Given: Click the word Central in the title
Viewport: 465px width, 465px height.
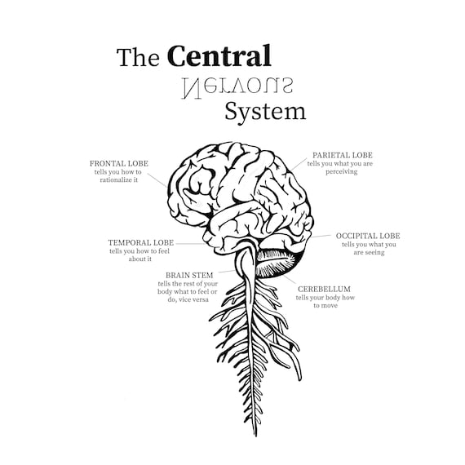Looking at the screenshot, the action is pos(219,55).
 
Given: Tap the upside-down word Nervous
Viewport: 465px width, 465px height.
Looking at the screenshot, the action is pos(237,88).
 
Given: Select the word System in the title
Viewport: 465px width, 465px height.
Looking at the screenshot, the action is pos(265,113).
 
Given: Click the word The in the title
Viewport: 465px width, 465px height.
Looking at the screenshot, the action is pos(138,57).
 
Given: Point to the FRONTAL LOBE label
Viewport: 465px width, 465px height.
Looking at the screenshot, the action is pos(119,164).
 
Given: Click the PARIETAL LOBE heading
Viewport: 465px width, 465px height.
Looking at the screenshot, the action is pos(343,155).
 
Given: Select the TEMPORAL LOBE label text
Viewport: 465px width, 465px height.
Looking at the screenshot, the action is pos(141,242).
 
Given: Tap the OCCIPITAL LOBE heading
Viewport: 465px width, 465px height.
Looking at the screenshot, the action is pos(368,236).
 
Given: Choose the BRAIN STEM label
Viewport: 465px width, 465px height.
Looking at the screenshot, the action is pos(189,275).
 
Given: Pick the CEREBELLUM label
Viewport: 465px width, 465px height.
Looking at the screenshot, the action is pos(324,289).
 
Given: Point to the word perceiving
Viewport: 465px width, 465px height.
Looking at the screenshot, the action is pos(341,171).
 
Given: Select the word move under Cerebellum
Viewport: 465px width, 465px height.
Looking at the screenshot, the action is pos(330,306).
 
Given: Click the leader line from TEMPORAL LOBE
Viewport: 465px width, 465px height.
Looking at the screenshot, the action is pos(190,244).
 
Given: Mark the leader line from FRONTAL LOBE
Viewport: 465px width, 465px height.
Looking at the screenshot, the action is pos(157,180).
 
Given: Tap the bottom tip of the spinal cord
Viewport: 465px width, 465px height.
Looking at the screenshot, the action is pos(255,436).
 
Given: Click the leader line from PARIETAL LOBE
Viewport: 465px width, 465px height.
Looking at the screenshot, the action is pos(298,165).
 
